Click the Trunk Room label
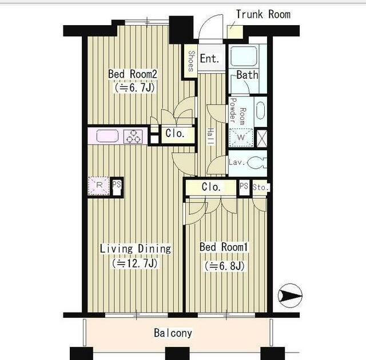[263, 14]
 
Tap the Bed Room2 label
[132, 74]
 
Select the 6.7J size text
[135, 87]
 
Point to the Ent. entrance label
[210, 58]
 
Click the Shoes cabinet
[190, 61]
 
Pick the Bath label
[248, 75]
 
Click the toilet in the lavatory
[257, 163]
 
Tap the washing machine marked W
[241, 137]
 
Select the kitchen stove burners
[133, 137]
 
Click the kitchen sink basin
[108, 136]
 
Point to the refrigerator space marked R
[99, 186]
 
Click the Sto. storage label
[261, 187]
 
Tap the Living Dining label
[136, 249]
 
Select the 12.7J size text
[135, 263]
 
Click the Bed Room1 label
[224, 247]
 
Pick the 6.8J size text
[225, 266]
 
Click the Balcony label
[173, 333]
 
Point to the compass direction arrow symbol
[290, 295]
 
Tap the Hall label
[211, 137]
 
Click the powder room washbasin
[261, 110]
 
